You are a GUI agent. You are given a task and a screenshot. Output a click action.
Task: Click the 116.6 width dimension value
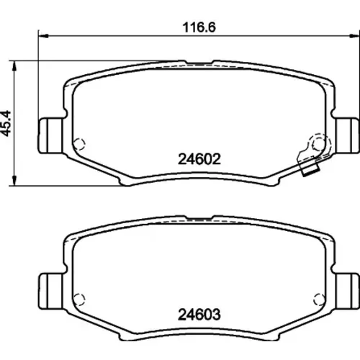[199, 27]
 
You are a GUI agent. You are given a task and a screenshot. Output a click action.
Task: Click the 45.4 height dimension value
[6, 123]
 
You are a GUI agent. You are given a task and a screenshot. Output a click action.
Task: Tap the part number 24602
[199, 159]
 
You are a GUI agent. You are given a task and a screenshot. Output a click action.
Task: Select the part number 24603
[199, 315]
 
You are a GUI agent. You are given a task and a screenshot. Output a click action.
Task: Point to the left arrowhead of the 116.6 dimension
[43, 36]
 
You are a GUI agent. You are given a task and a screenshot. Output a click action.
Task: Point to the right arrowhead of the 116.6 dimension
[354, 36]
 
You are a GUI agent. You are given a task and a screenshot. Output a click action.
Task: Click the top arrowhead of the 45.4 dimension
[14, 66]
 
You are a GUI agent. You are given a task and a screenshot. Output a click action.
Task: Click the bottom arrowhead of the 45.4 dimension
[14, 181]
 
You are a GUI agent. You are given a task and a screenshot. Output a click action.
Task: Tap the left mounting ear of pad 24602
[51, 135]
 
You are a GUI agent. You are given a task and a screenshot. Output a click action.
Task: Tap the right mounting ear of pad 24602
[347, 135]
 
